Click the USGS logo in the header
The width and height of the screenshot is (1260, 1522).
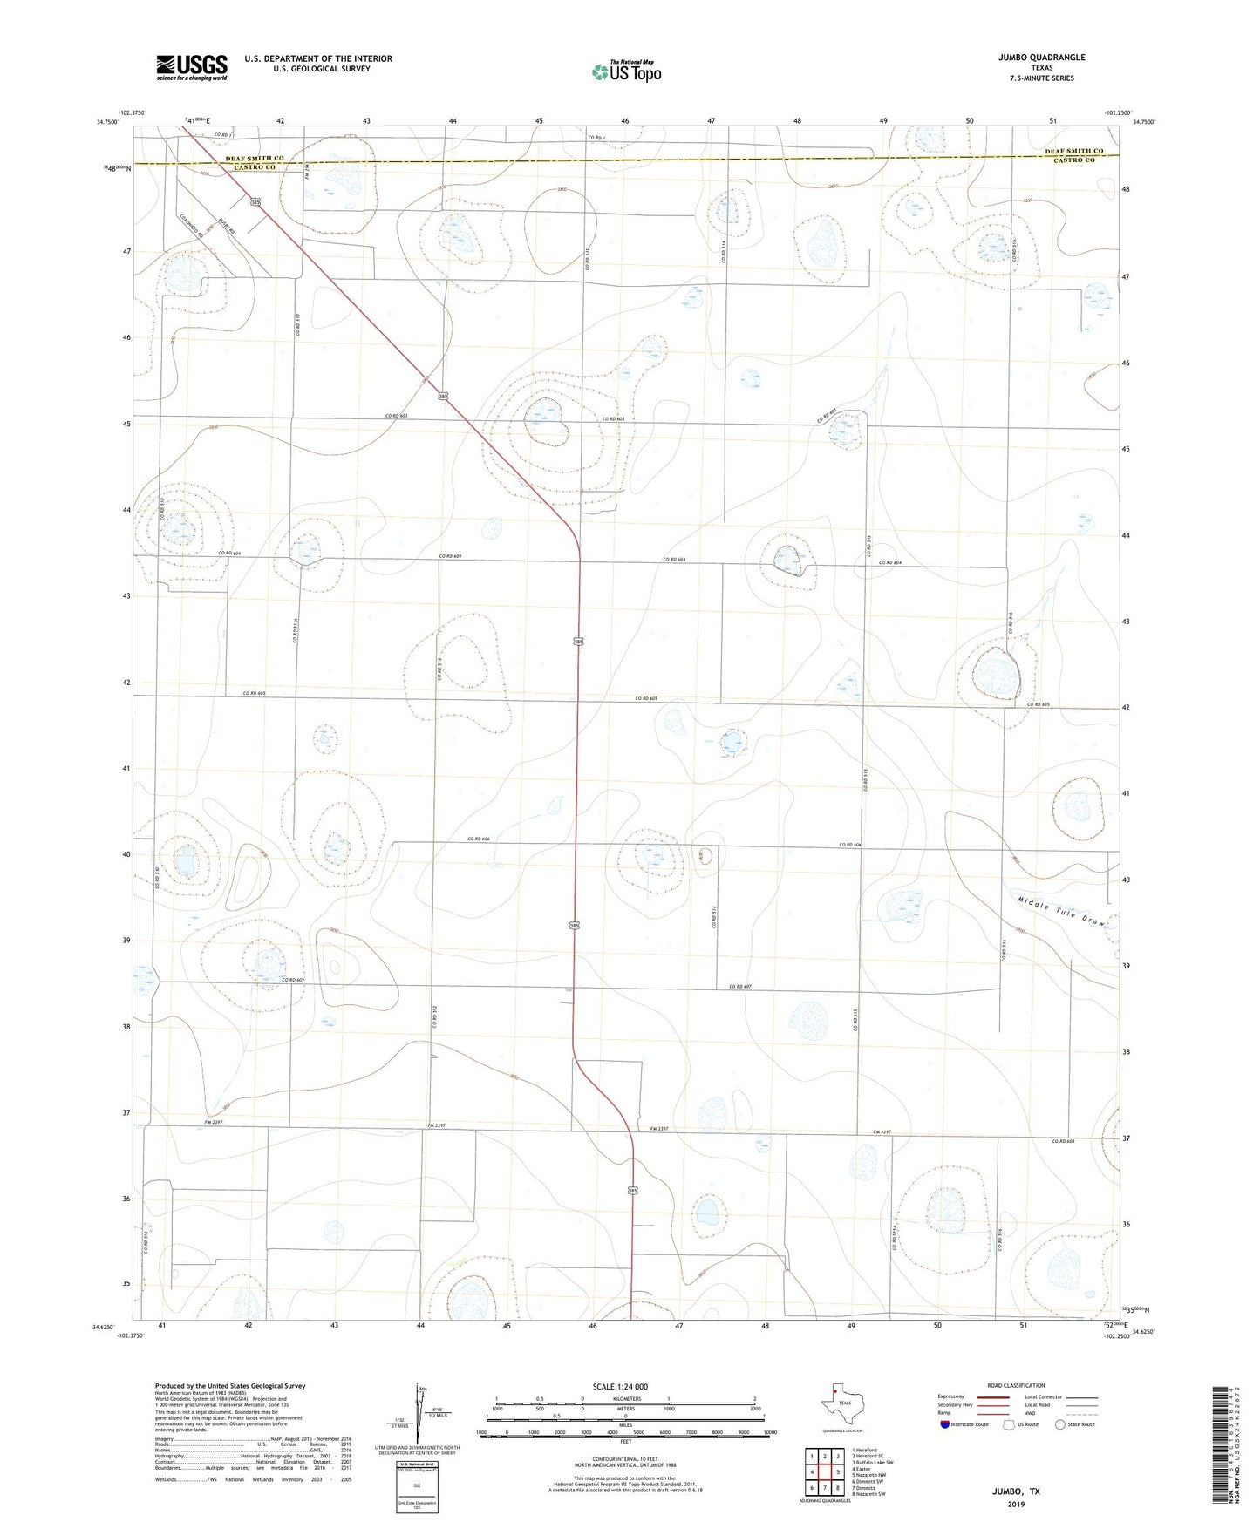[192, 67]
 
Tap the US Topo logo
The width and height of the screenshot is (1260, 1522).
[625, 71]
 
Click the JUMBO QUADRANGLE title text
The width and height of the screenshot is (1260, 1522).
[1042, 58]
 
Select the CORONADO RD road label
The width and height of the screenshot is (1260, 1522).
[191, 228]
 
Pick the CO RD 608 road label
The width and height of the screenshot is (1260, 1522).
[1065, 1141]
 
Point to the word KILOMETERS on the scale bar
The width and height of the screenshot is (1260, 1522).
[625, 1399]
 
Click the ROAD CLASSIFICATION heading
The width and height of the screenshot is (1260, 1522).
[1016, 1385]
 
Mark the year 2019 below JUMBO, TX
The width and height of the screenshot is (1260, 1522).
[1015, 1504]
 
